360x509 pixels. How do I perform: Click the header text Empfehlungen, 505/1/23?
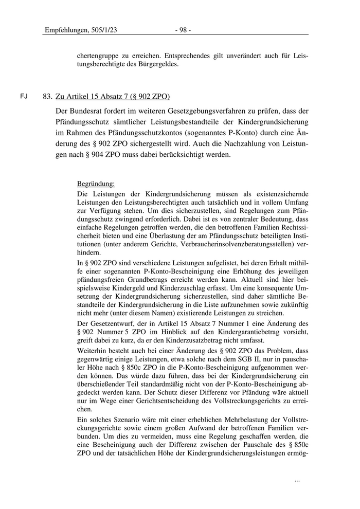click(81, 30)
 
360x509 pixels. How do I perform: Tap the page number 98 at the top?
click(183, 30)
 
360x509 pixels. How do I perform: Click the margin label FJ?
click(24, 97)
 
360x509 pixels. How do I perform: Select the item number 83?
click(48, 97)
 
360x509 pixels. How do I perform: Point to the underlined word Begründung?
click(96, 184)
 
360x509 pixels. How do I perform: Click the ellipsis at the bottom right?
click(297, 480)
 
